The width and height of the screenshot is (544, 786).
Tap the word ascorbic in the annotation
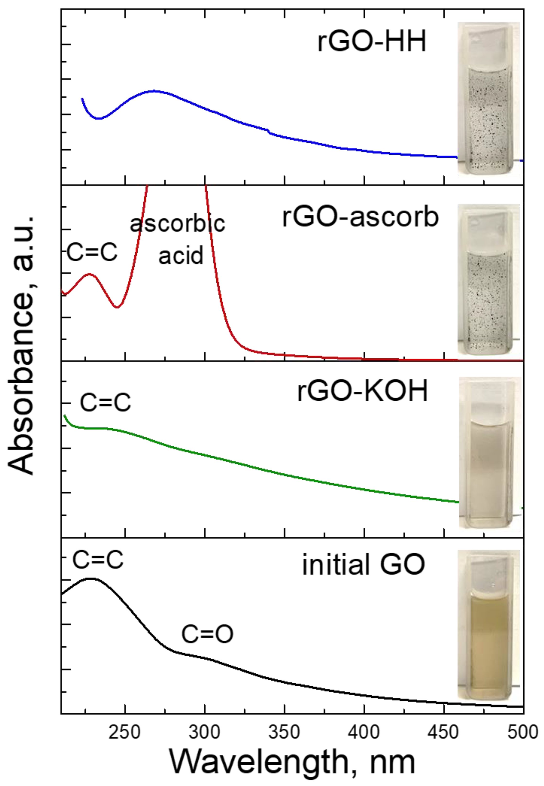[178, 224]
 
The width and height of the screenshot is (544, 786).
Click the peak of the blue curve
[154, 91]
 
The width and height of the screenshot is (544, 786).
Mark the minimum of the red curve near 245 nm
[117, 307]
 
